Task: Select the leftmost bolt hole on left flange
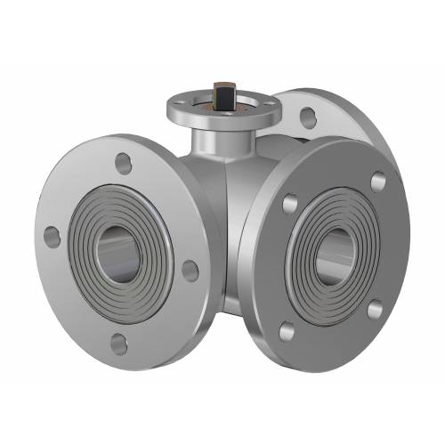pyautogui.click(x=53, y=237)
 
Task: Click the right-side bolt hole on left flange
pyautogui.click(x=190, y=270)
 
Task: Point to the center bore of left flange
pyautogui.click(x=117, y=252)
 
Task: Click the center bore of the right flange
pyautogui.click(x=334, y=251)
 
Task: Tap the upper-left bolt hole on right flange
pyautogui.click(x=289, y=204)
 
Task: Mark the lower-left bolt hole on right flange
pyautogui.click(x=287, y=332)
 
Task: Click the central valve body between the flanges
pyautogui.click(x=230, y=222)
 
